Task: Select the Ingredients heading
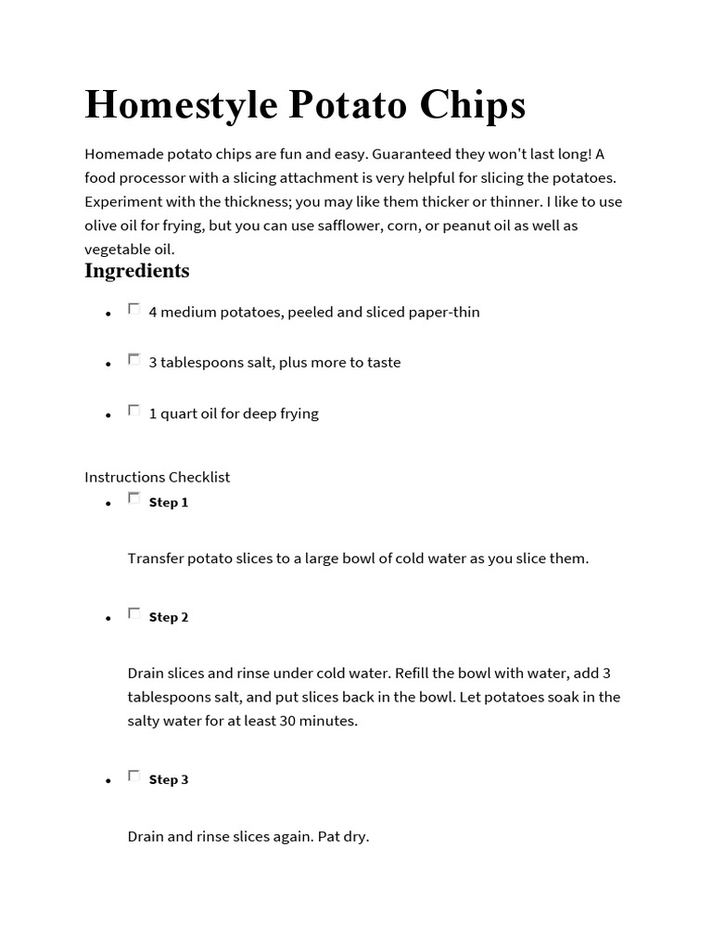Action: coord(137,271)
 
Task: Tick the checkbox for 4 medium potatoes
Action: coord(134,309)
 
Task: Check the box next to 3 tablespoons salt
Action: coord(134,359)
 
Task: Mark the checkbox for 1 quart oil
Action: coord(134,410)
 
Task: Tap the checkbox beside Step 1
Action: coord(134,499)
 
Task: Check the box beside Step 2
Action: coord(134,614)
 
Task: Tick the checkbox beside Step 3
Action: coord(134,777)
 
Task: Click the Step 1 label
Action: coord(169,503)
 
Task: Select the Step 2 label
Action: coord(169,618)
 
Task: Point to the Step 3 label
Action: coord(169,780)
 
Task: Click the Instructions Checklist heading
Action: coord(158,477)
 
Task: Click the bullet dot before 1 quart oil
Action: coord(108,417)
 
